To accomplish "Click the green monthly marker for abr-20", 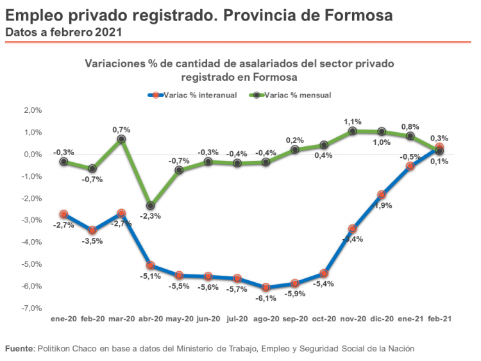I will [150, 206].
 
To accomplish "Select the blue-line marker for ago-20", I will [266, 288].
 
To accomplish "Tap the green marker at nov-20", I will [353, 131].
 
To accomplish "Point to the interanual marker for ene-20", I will [63, 214].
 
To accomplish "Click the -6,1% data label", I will [266, 299].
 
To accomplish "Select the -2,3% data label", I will [150, 217].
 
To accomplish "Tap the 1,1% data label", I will [353, 121].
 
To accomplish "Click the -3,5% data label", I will [92, 241].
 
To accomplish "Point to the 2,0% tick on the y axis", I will [32, 110].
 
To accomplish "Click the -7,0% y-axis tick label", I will [32, 308].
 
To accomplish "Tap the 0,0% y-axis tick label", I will [32, 155].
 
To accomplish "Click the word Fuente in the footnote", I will [19, 349].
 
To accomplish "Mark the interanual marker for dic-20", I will [382, 194].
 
